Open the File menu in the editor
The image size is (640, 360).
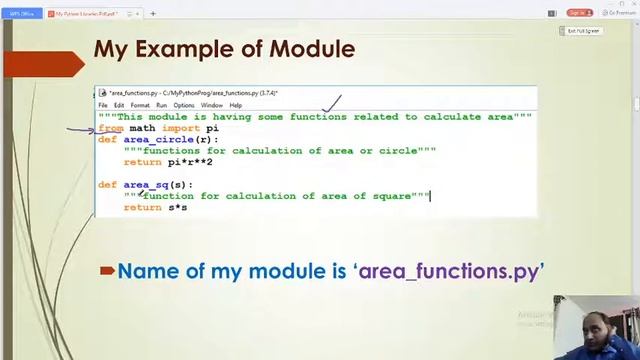pyautogui.click(x=103, y=105)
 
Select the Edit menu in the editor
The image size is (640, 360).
pyautogui.click(x=119, y=105)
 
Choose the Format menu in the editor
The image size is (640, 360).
pyautogui.click(x=140, y=105)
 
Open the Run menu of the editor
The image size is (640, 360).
pyautogui.click(x=161, y=105)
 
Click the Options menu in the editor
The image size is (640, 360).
pyautogui.click(x=184, y=105)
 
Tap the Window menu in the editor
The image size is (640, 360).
pyautogui.click(x=211, y=105)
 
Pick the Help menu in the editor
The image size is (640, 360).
pyautogui.click(x=236, y=105)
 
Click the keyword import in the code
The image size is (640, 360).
pyautogui.click(x=181, y=128)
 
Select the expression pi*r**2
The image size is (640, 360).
pyautogui.click(x=190, y=162)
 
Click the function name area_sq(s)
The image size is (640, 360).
pyautogui.click(x=156, y=185)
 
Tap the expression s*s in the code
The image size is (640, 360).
pyautogui.click(x=177, y=207)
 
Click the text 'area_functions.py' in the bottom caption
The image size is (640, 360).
pyautogui.click(x=449, y=271)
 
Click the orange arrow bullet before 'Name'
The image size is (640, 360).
pyautogui.click(x=107, y=271)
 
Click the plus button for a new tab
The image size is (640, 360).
pyautogui.click(x=153, y=13)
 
